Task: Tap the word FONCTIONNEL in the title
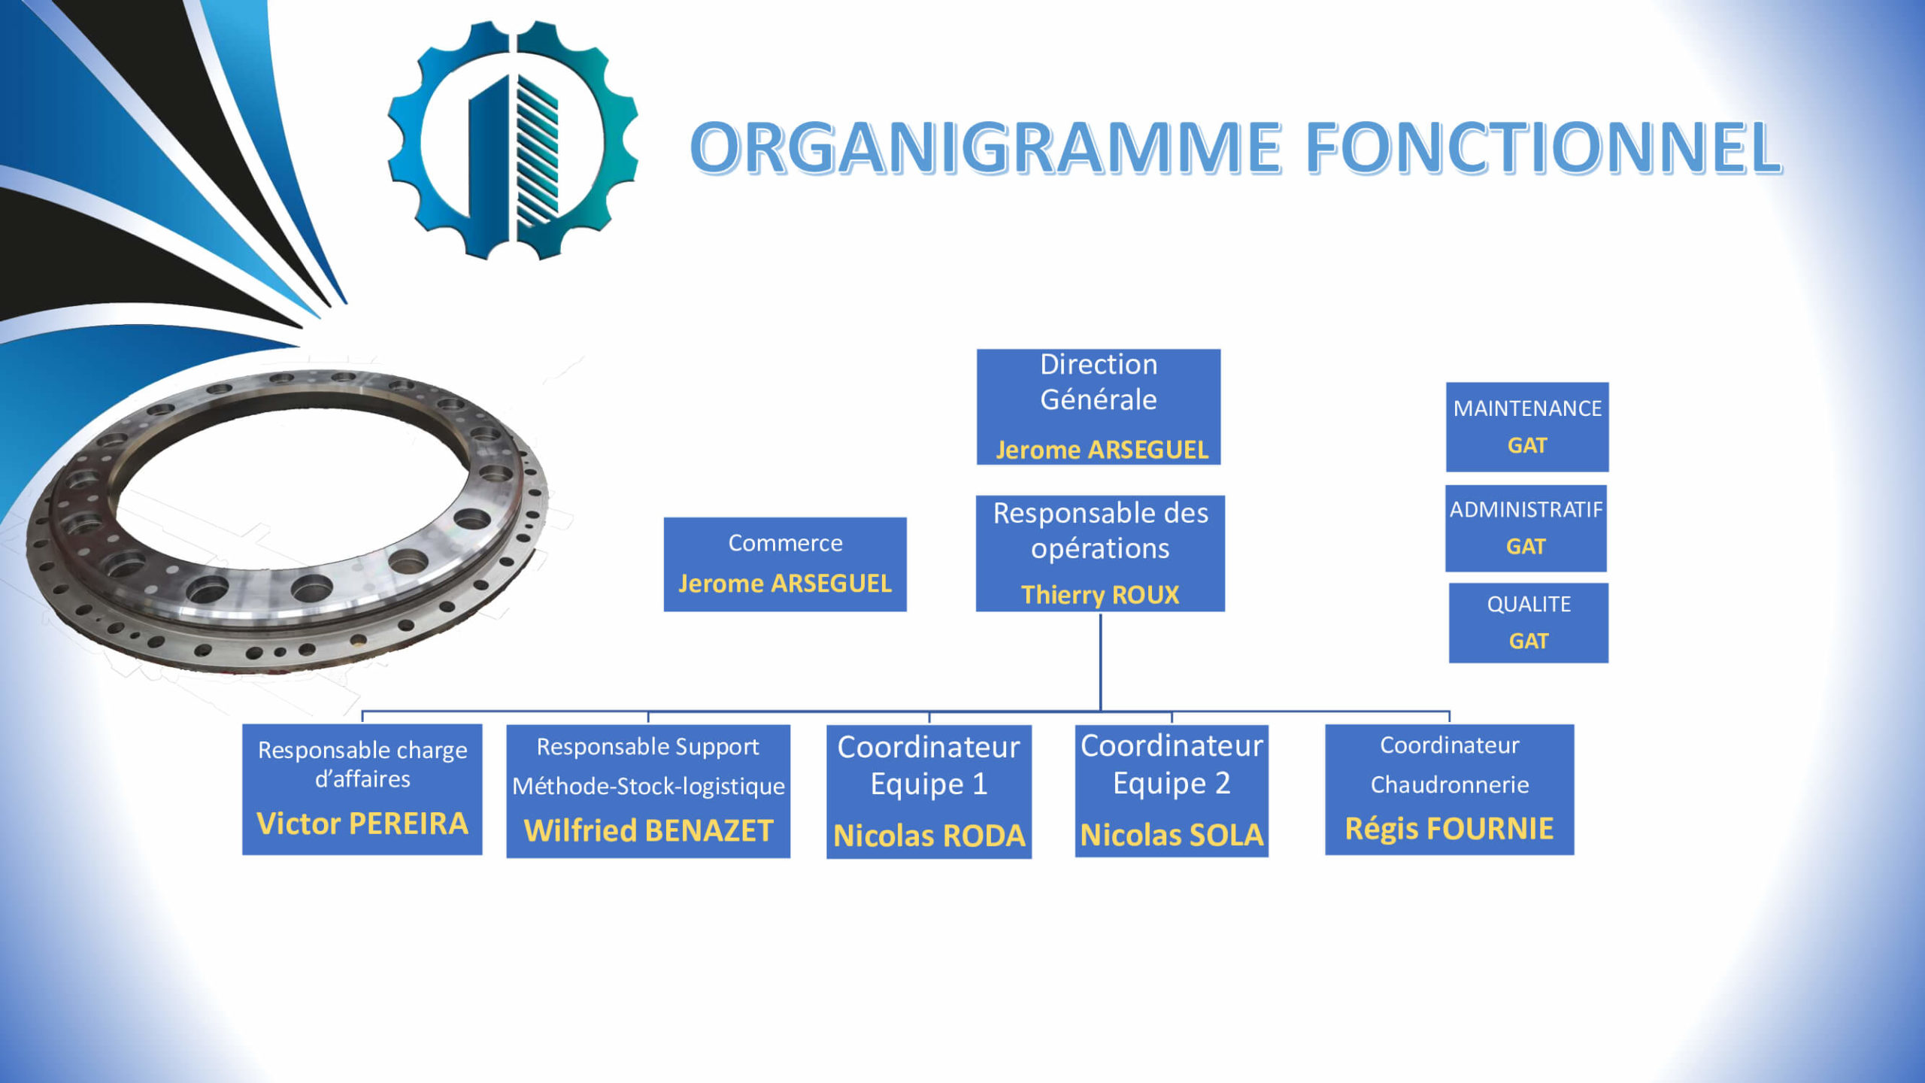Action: pyautogui.click(x=1543, y=147)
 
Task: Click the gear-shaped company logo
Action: pyautogui.click(x=513, y=140)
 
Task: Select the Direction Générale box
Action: pyautogui.click(x=1099, y=407)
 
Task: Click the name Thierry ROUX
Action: pyautogui.click(x=1100, y=595)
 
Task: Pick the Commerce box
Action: pyautogui.click(x=785, y=564)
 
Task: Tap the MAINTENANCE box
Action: pyautogui.click(x=1527, y=427)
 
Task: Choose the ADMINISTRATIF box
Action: pyautogui.click(x=1526, y=528)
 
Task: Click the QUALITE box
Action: pyautogui.click(x=1529, y=623)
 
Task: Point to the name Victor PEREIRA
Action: pyautogui.click(x=362, y=824)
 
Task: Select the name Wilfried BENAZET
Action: pyautogui.click(x=648, y=830)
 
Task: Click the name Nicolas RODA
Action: pyautogui.click(x=929, y=836)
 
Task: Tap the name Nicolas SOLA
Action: pyautogui.click(x=1172, y=835)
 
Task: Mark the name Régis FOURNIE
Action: pyautogui.click(x=1449, y=828)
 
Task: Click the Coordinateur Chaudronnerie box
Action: pyautogui.click(x=1449, y=790)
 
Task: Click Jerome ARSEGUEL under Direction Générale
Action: pyautogui.click(x=1102, y=450)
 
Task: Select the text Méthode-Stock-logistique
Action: pyautogui.click(x=648, y=787)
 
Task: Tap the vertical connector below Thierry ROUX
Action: pyautogui.click(x=1101, y=662)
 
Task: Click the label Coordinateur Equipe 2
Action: pyautogui.click(x=1172, y=764)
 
